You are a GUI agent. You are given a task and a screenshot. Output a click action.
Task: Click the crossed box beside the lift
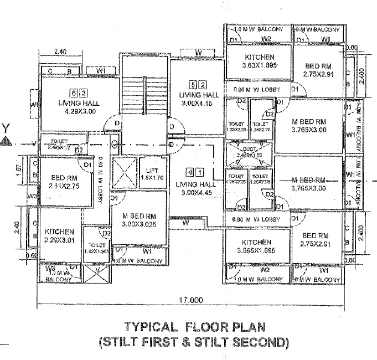point(123,173)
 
